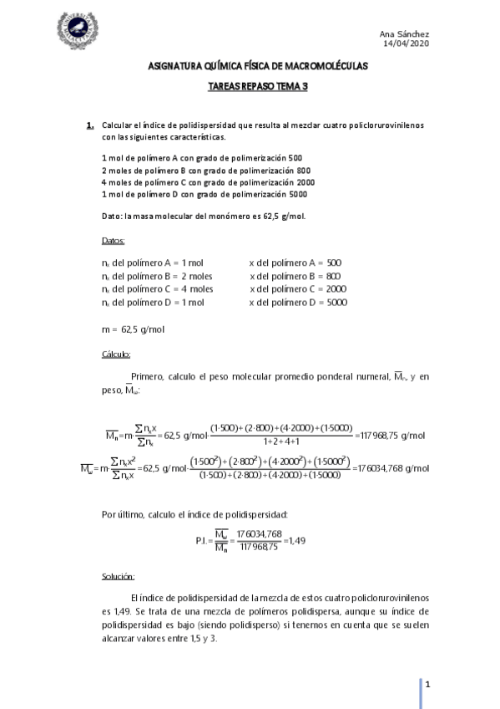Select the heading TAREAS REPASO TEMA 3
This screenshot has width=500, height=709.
(x=251, y=85)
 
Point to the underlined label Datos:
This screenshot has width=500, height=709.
(x=113, y=241)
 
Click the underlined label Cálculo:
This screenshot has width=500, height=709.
(x=115, y=354)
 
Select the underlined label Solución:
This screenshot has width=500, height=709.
(x=118, y=577)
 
